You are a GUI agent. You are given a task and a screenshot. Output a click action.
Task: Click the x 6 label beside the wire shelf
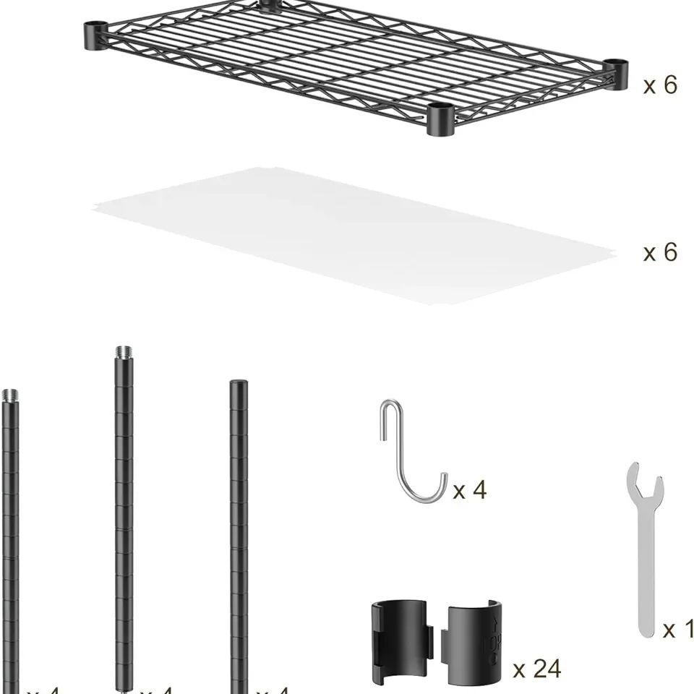point(660,85)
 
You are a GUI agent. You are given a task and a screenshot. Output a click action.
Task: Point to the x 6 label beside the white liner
point(660,252)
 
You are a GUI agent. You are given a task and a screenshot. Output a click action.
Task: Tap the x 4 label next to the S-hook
point(470,491)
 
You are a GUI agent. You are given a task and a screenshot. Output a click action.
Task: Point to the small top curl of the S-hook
point(390,412)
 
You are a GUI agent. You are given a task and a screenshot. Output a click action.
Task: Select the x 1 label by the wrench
point(678,630)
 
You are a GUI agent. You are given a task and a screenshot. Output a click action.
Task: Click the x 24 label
point(536,669)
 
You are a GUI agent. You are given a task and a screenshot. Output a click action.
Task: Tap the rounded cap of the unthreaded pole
point(237,385)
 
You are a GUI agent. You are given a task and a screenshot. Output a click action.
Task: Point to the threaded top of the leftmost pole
point(10,396)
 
